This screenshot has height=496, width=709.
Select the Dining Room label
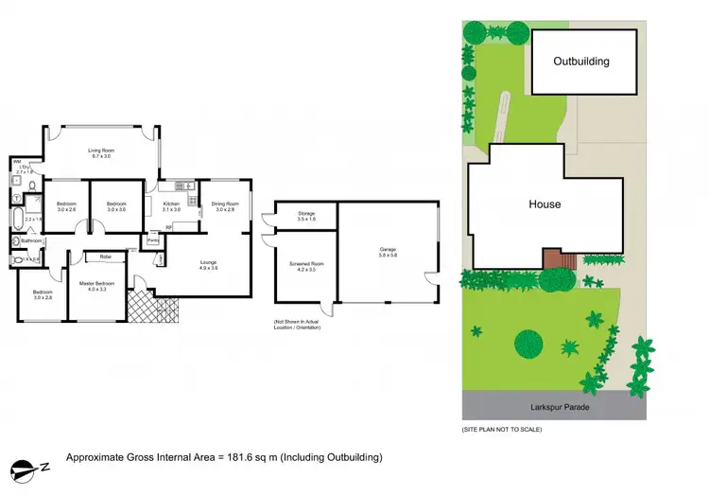click(224, 206)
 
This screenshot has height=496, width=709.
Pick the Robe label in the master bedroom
click(105, 256)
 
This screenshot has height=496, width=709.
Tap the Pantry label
click(152, 240)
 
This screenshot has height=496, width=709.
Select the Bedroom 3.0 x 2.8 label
click(43, 294)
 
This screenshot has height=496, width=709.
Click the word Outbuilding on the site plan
click(581, 62)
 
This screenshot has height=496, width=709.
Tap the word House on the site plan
click(545, 204)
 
